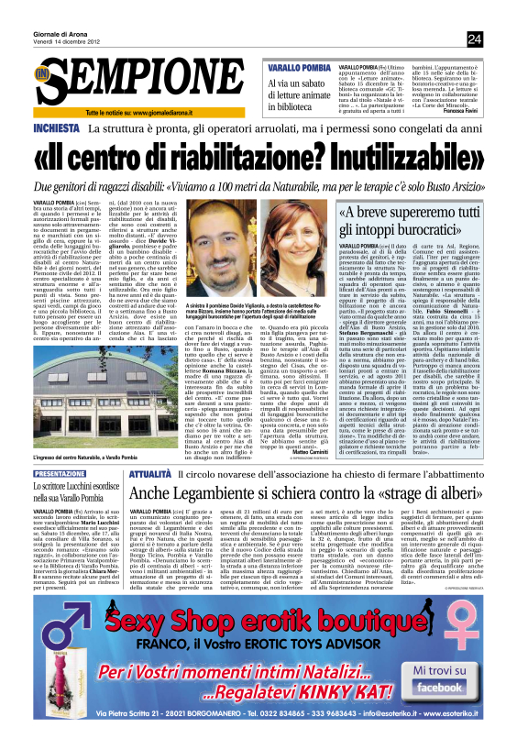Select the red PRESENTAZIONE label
[60, 474]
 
